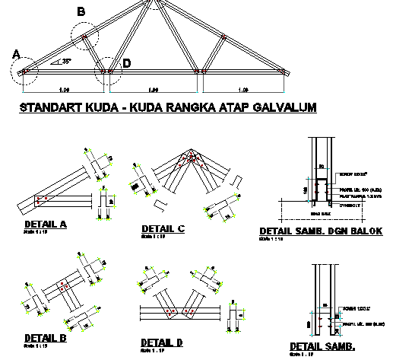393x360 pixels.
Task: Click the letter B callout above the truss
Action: (81, 11)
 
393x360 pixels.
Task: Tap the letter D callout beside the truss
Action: (126, 63)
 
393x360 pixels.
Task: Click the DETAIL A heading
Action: (46, 225)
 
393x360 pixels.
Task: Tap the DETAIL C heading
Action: (163, 228)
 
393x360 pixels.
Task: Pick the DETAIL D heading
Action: (162, 343)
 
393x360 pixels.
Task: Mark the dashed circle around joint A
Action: (24, 72)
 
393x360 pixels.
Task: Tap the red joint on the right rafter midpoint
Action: (222, 37)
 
